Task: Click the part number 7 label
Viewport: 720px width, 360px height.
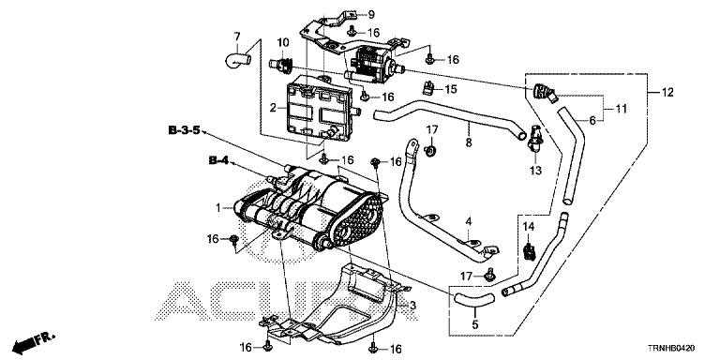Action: click(x=237, y=36)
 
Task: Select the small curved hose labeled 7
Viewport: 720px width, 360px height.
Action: click(x=237, y=60)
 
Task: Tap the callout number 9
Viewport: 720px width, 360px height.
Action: click(x=371, y=14)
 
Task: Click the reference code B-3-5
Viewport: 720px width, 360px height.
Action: click(x=184, y=131)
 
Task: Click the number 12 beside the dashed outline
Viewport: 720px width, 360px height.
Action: click(x=667, y=92)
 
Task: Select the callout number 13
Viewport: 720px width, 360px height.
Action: click(x=535, y=171)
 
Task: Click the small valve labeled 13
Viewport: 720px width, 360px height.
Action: click(x=534, y=136)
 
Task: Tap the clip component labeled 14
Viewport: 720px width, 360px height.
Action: click(x=530, y=249)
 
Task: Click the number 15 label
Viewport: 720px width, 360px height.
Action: click(x=451, y=89)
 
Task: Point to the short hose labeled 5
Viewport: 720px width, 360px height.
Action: click(x=473, y=298)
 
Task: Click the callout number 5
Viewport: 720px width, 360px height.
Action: click(x=474, y=325)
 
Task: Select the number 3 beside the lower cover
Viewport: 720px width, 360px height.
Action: click(x=412, y=306)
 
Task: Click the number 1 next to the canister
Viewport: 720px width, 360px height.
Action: click(x=218, y=208)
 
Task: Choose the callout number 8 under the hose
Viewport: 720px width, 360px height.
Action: click(x=469, y=142)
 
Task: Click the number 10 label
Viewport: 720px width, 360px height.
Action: click(x=283, y=43)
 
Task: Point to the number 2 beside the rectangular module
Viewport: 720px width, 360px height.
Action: click(x=273, y=108)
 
